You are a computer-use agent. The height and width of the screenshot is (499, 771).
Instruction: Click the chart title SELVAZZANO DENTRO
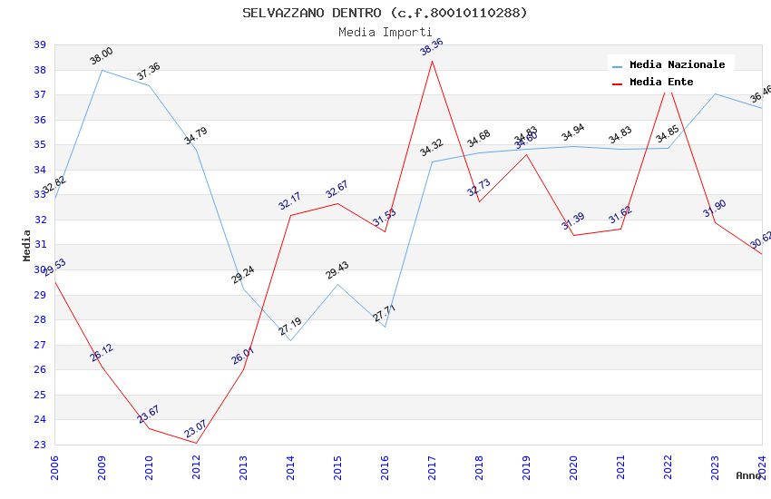point(385,13)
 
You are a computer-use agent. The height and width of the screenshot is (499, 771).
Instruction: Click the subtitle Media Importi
point(385,32)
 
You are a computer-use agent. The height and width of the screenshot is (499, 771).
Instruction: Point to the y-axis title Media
point(27,245)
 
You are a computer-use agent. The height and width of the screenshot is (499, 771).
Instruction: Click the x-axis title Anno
point(748,475)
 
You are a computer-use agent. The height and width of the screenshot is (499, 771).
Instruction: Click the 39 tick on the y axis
point(40,45)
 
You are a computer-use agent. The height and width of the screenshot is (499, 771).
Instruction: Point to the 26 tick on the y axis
point(40,370)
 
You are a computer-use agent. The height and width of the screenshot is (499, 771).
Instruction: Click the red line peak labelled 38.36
point(433,61)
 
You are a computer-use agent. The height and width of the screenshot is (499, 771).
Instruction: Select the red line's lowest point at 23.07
point(197,443)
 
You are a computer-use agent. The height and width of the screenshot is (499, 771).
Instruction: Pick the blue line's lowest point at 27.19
point(291,340)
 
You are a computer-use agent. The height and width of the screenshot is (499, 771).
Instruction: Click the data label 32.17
point(289,202)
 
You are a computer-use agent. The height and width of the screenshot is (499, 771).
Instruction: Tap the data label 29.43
point(337,271)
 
